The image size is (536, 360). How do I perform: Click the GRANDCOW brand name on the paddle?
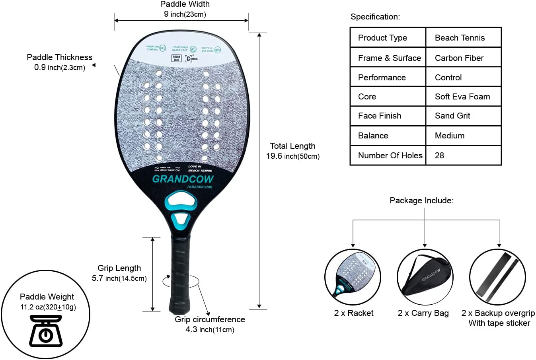tap(183, 179)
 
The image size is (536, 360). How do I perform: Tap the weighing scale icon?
tap(46, 331)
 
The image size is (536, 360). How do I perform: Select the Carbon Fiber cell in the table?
tap(459, 58)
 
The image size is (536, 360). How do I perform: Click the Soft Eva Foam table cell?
tap(462, 97)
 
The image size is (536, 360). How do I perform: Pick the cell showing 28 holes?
tap(439, 156)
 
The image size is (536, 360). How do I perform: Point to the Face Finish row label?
tap(379, 116)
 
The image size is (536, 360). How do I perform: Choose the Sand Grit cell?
tap(452, 116)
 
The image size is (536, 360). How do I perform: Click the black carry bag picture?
tap(425, 277)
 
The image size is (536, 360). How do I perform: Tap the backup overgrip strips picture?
tap(497, 277)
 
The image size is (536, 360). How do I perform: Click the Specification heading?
tap(375, 17)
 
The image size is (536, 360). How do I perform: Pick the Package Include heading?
tap(421, 200)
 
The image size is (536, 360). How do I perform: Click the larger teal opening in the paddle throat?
tap(181, 200)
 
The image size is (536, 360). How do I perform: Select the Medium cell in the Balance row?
tap(449, 136)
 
